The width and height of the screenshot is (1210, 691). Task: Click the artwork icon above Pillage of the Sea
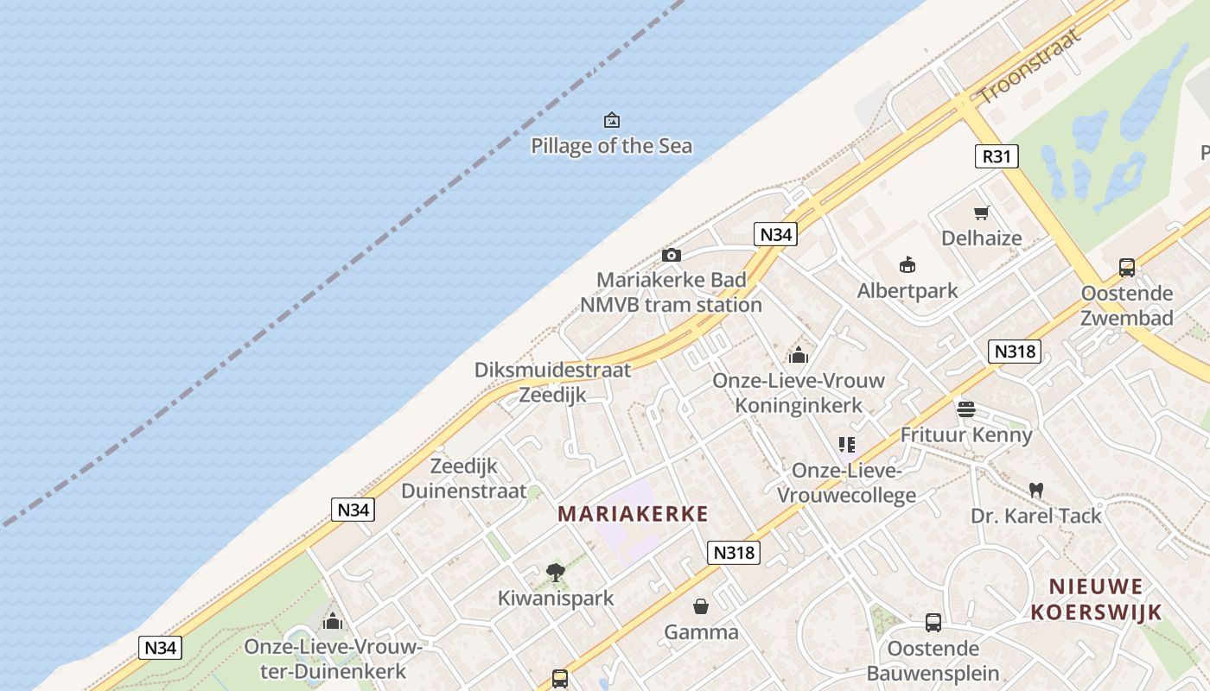612,120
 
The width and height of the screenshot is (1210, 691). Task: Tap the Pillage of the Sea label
612,146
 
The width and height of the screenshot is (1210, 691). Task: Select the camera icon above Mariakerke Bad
671,255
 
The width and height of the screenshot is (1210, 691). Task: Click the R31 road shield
997,156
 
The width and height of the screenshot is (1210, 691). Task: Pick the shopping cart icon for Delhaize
982,212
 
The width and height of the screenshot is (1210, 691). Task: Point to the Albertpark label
907,291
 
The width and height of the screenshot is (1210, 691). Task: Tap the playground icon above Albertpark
907,265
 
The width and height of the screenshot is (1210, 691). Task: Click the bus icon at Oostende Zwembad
1127,268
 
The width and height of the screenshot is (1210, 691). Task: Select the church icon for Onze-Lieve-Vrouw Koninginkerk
798,355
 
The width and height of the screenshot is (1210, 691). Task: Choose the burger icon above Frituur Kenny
966,409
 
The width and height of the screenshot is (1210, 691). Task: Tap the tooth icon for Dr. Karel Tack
1036,490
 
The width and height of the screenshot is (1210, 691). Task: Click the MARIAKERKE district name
633,515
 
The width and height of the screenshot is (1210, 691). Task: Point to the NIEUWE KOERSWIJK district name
1096,599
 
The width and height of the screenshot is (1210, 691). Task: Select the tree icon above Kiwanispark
556,572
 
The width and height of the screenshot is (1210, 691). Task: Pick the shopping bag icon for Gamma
701,606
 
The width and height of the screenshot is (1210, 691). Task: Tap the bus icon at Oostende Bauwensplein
933,622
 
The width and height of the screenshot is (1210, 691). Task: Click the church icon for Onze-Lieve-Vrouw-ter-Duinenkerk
333,621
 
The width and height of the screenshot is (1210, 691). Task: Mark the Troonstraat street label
1030,65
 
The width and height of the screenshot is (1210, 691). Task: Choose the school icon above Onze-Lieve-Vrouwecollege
847,445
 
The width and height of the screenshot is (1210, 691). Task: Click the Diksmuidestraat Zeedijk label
553,383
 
